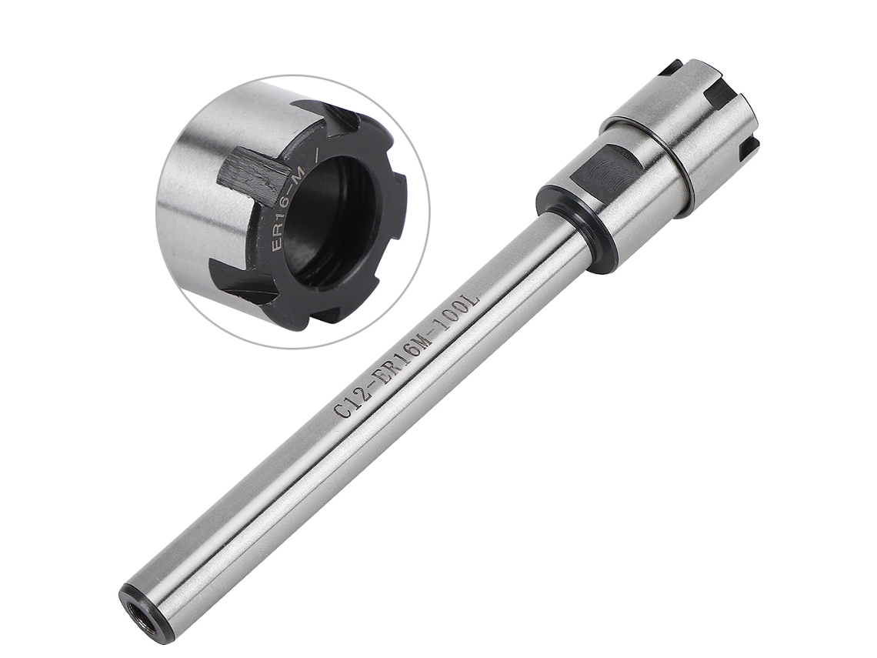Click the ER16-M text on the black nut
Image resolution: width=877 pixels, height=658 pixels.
286,206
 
